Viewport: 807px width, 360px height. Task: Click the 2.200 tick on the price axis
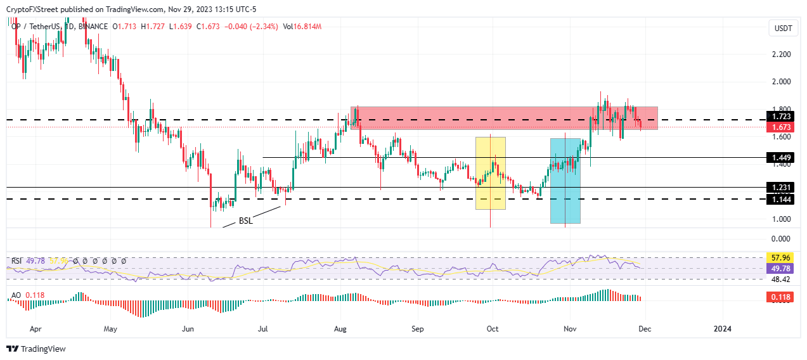(x=781, y=55)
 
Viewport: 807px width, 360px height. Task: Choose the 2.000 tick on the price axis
(x=781, y=82)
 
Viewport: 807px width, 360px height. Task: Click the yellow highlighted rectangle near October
(x=491, y=173)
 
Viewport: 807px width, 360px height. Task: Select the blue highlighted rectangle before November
(x=565, y=181)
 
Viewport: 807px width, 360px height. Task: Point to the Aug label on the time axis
(x=340, y=329)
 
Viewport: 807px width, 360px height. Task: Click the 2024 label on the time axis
(x=721, y=329)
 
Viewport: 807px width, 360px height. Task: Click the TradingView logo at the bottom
(x=36, y=349)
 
